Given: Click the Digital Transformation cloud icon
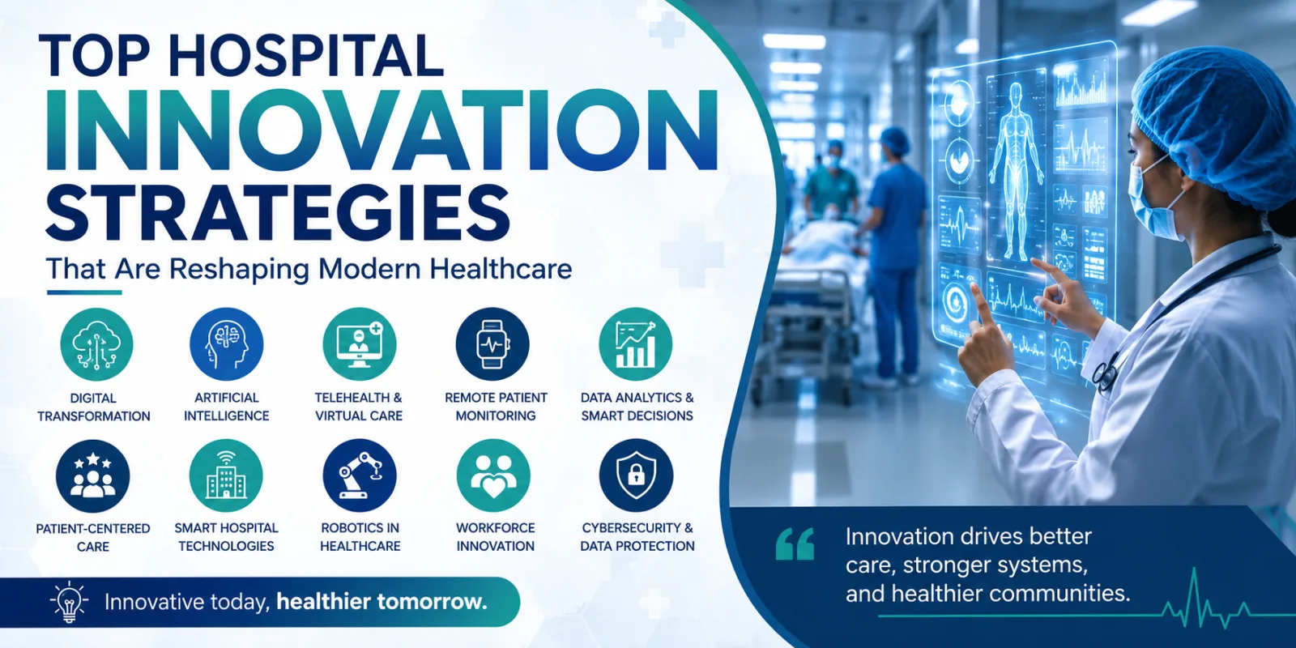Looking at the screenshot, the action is (x=96, y=344).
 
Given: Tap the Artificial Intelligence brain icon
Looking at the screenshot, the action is (x=226, y=344).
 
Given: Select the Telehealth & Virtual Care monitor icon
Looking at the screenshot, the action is (x=360, y=344).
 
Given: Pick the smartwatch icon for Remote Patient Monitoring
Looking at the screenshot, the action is (x=492, y=344).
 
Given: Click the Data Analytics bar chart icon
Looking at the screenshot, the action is (x=635, y=344).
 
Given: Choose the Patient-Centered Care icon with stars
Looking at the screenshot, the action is (x=92, y=476).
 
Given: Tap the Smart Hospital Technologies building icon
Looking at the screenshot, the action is (x=226, y=476).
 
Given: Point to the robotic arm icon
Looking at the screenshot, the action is (x=360, y=476).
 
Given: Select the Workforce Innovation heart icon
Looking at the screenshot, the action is (x=493, y=476).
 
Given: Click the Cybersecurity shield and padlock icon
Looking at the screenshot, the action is (x=636, y=476).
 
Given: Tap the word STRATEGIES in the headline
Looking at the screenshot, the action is (x=277, y=211).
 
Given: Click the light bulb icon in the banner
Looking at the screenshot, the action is (x=69, y=602).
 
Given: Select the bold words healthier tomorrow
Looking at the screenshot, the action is (x=382, y=602).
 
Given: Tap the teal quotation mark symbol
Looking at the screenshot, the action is (x=795, y=544).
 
